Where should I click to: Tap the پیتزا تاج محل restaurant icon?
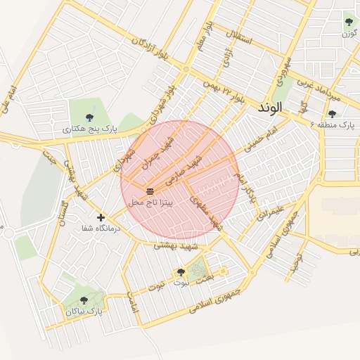(149, 191)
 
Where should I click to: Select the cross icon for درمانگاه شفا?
(101, 217)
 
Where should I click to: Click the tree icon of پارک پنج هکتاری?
(89, 117)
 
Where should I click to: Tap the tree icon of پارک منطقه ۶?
(332, 113)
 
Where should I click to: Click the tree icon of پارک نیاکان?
(84, 300)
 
